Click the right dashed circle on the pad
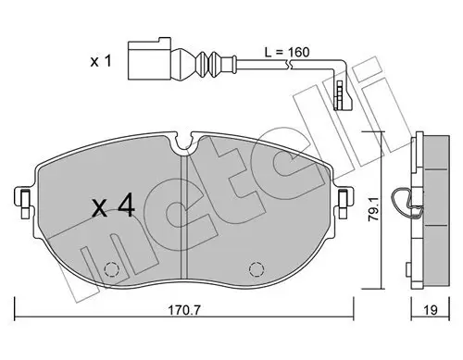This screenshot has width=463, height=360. point(257,270)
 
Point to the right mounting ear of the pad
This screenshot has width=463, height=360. point(344,198)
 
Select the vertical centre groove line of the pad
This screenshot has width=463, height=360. point(188,213)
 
